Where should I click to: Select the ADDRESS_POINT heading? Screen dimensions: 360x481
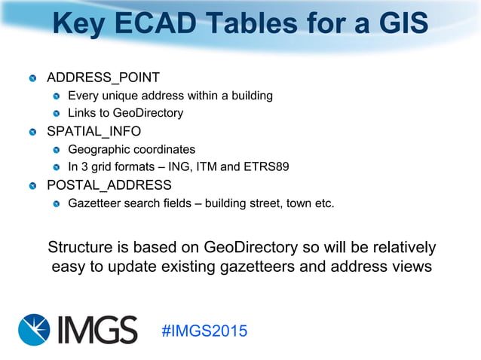pos(103,78)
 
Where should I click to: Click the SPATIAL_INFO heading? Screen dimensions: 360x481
pos(94,132)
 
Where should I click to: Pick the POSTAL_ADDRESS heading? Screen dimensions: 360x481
pos(109,185)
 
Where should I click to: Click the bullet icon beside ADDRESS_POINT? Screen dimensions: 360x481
pos(32,78)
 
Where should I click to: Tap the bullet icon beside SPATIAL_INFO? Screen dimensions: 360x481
pos(32,133)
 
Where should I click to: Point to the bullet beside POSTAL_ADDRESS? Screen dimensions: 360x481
pos(32,186)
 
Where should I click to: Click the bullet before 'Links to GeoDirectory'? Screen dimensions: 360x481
pos(57,114)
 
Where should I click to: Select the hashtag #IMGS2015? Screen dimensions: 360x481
pos(204,331)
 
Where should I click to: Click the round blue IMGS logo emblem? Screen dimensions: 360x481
pos(36,330)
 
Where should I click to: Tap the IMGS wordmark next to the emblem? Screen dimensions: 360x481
pos(98,330)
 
